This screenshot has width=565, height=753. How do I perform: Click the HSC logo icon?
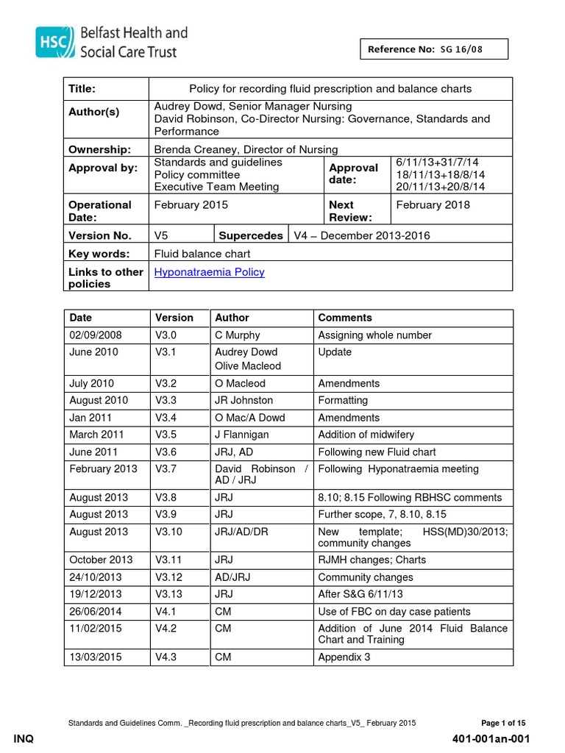point(53,42)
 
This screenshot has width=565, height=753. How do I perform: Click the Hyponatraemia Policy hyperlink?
point(209,272)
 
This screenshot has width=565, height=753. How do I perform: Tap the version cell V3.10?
point(171,532)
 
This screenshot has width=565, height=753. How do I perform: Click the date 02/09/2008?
point(96,335)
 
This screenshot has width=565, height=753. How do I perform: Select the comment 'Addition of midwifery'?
point(366,435)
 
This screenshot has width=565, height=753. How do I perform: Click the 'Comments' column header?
point(344,318)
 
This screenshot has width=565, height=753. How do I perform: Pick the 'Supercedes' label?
point(251,236)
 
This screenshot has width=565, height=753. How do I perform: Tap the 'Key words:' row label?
point(99,254)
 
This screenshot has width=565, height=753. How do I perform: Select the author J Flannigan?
point(241,435)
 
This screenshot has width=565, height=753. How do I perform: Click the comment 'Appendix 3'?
point(344,657)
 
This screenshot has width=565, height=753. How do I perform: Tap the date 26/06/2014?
point(96,611)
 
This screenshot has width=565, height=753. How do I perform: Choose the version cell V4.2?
point(168,628)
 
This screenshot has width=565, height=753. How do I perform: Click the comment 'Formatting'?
point(342,400)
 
